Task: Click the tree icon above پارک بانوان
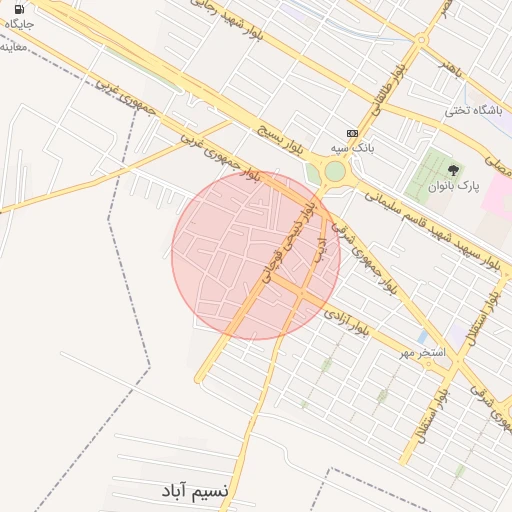click(x=453, y=170)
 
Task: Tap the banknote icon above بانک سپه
click(x=351, y=133)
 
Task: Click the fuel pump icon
click(x=19, y=9)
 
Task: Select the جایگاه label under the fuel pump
click(x=19, y=24)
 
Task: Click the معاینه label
click(x=13, y=46)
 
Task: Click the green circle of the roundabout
click(x=334, y=172)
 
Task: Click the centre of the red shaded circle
click(x=256, y=255)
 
